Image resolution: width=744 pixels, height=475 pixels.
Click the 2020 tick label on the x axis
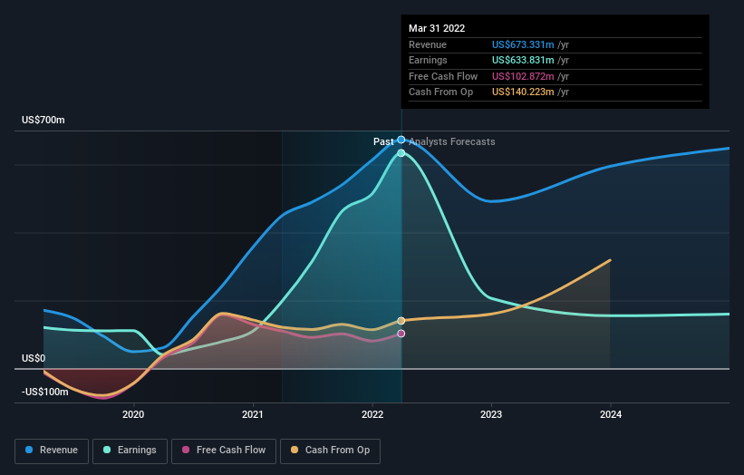(x=133, y=414)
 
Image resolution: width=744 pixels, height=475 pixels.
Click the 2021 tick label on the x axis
(x=253, y=414)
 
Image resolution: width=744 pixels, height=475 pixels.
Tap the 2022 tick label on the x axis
(x=372, y=414)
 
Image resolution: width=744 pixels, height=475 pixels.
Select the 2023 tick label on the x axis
(x=491, y=414)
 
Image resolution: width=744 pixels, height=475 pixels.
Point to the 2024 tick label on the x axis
(x=611, y=414)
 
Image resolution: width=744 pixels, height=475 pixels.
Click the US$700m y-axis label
(x=43, y=121)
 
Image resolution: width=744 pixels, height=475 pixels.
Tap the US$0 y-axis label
(x=34, y=358)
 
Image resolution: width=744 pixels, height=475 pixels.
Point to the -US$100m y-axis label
(x=45, y=392)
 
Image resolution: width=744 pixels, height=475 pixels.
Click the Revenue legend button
(x=53, y=450)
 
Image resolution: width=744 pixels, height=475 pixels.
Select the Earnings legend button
(x=130, y=450)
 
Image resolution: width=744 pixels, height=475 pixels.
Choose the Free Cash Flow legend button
(x=226, y=450)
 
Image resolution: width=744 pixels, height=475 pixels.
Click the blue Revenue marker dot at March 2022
(x=401, y=140)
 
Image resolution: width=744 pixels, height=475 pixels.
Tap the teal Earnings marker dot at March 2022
(x=401, y=153)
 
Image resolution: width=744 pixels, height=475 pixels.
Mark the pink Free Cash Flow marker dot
(x=401, y=334)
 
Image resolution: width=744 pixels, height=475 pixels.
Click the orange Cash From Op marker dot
(x=401, y=321)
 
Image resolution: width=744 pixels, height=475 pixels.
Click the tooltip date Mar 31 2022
(x=437, y=28)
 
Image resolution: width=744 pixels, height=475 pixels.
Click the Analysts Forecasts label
(x=452, y=141)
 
